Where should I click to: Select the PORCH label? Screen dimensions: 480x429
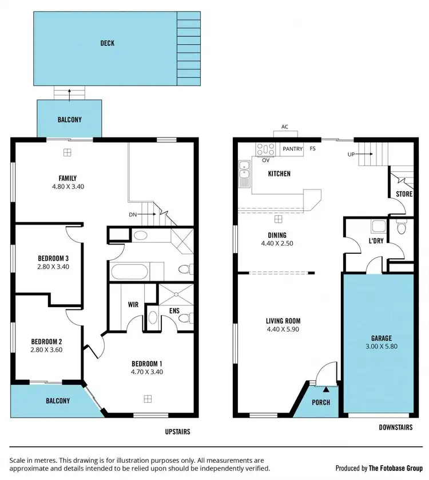pyautogui.click(x=321, y=402)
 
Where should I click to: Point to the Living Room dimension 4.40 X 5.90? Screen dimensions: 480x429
pyautogui.click(x=283, y=330)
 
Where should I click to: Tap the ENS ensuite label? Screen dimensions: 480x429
pyautogui.click(x=174, y=311)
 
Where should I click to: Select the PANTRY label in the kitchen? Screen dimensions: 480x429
pyautogui.click(x=292, y=149)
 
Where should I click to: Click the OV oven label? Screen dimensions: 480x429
pyautogui.click(x=265, y=160)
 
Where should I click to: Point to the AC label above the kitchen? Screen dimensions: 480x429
pyautogui.click(x=284, y=127)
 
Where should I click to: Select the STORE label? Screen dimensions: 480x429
pyautogui.click(x=404, y=194)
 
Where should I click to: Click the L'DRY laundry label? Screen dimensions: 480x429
pyautogui.click(x=376, y=241)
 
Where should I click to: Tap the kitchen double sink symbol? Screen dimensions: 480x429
pyautogui.click(x=244, y=172)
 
